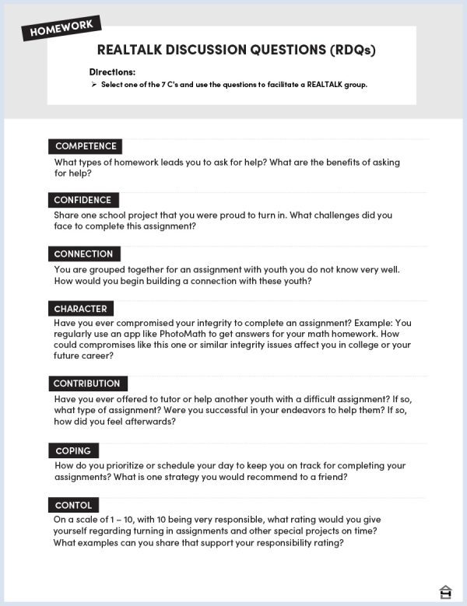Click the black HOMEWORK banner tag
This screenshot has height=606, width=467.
(x=61, y=29)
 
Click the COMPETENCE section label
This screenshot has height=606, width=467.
(x=86, y=146)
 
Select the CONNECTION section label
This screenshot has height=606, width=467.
(x=83, y=254)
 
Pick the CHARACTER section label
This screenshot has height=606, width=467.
(x=80, y=309)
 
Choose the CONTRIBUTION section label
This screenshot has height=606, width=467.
(x=86, y=384)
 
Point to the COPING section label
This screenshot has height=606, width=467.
(x=73, y=451)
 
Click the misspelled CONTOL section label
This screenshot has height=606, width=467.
(x=73, y=505)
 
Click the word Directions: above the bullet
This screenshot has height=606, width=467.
(x=112, y=72)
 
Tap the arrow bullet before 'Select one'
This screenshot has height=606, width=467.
(x=93, y=85)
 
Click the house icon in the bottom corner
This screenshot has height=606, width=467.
(x=445, y=591)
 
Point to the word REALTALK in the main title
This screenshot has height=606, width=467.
(x=133, y=51)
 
